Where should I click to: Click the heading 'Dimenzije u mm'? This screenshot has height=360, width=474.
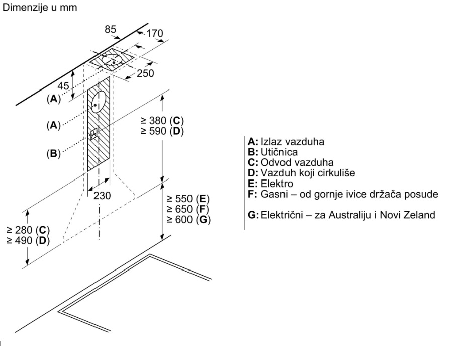click(40, 7)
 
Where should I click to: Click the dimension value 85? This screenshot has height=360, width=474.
click(111, 29)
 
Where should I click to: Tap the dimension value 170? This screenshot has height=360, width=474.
click(155, 33)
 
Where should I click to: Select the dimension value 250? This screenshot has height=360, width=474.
click(145, 73)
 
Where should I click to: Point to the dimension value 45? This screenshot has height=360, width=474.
click(63, 86)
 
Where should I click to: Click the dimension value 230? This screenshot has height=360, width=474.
click(102, 196)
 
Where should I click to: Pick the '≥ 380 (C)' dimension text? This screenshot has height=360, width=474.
click(162, 121)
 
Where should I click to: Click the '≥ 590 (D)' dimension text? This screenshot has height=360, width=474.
click(162, 131)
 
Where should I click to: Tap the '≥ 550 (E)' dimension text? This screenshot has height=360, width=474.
click(188, 199)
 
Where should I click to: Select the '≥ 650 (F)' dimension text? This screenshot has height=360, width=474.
click(188, 209)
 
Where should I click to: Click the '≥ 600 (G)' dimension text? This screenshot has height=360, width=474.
click(188, 219)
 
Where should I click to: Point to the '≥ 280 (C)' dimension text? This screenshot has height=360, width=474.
click(28, 230)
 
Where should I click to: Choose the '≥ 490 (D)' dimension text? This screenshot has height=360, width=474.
click(28, 241)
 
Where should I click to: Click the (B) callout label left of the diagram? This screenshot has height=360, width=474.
click(53, 154)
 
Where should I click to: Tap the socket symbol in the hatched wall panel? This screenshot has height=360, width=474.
click(94, 133)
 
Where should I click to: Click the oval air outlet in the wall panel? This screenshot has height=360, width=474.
click(98, 102)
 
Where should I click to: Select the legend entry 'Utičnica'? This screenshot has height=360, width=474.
click(279, 152)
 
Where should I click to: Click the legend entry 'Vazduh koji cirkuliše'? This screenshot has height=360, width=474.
click(308, 173)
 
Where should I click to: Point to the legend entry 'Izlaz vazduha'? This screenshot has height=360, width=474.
click(293, 142)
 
